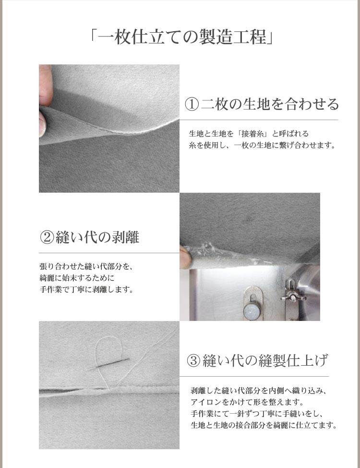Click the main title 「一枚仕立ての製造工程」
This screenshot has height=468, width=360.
coord(180,37)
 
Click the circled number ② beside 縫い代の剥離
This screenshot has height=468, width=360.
coord(47,237)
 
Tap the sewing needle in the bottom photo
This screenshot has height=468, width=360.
coord(108,365)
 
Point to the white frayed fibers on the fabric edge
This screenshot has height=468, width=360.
coord(204,248)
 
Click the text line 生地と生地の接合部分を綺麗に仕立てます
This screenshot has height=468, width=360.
coord(263,425)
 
